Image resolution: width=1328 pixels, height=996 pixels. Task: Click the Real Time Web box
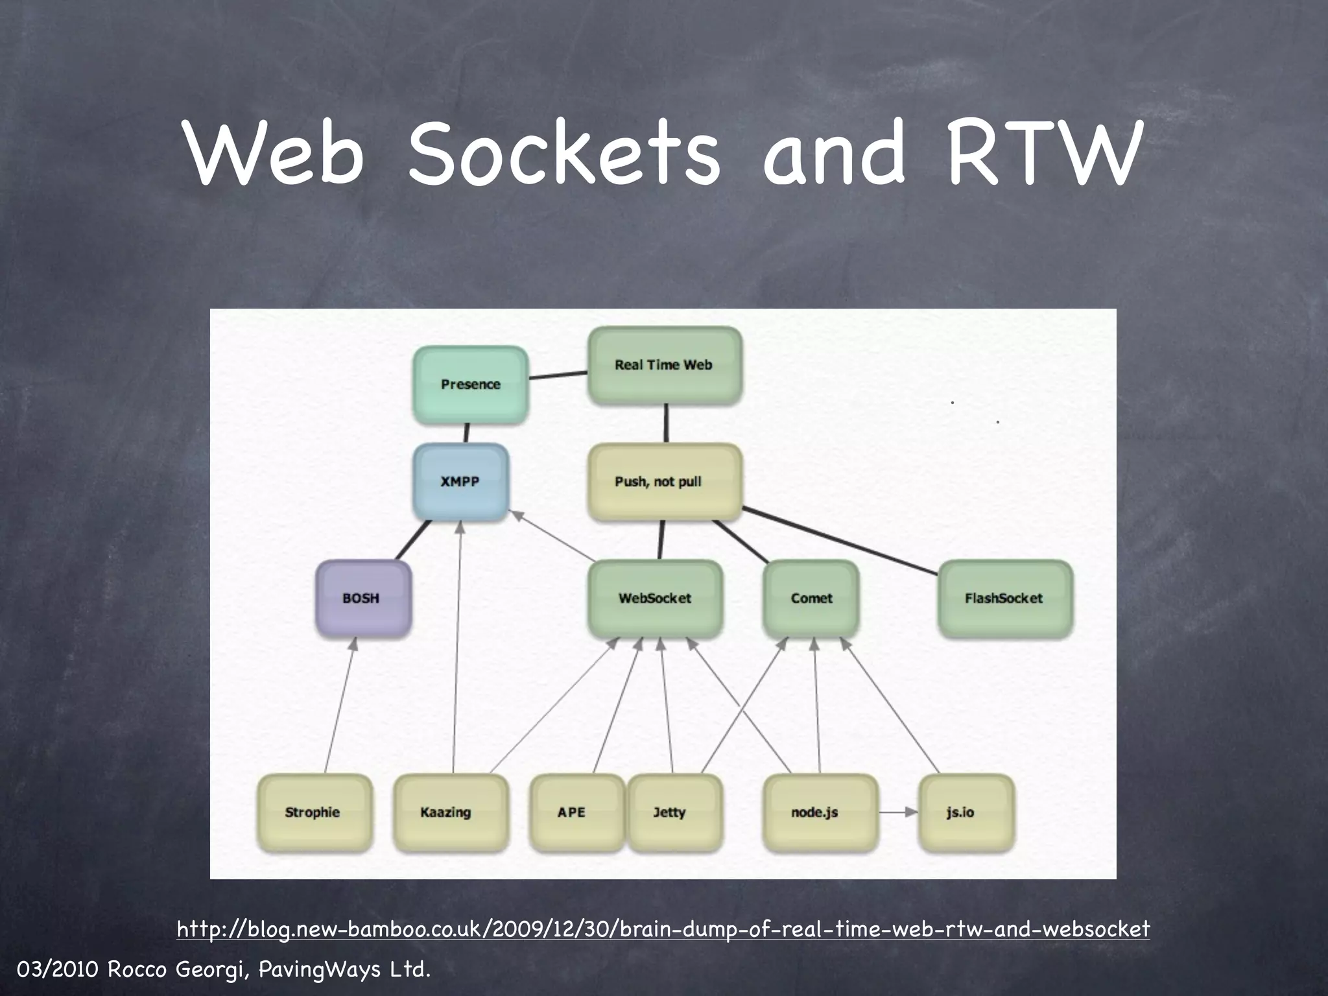664,366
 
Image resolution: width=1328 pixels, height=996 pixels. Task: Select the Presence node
471,385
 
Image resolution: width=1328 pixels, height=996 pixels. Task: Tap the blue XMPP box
460,482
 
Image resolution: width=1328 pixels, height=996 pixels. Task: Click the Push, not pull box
664,482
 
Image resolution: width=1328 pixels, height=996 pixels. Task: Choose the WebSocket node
655,599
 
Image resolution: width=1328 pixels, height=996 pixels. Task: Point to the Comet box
811,599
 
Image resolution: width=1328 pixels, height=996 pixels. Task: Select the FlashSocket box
1004,599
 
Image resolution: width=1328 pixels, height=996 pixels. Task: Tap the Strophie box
314,812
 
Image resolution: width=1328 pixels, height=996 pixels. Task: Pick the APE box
575,812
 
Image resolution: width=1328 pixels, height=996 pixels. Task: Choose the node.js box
818,812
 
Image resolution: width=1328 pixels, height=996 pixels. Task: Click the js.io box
965,812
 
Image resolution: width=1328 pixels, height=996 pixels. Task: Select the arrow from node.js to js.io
898,812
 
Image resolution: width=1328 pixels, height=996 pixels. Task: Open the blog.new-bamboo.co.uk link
663,929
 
